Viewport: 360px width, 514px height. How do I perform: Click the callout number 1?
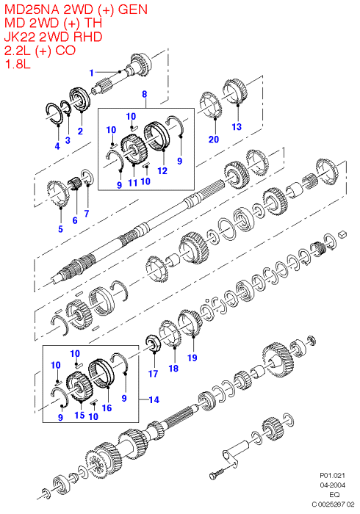point(92,73)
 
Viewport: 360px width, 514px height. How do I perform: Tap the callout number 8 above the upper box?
point(145,95)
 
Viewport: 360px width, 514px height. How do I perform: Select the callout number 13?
point(237,127)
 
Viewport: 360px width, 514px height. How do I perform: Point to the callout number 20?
point(214,140)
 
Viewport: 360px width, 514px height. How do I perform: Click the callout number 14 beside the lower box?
point(154,399)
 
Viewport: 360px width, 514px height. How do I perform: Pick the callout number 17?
point(153,374)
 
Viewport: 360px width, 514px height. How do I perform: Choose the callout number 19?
point(192,358)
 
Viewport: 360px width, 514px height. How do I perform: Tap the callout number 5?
point(60,229)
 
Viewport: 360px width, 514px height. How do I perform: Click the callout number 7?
point(87,214)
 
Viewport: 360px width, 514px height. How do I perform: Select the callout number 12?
point(162,171)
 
